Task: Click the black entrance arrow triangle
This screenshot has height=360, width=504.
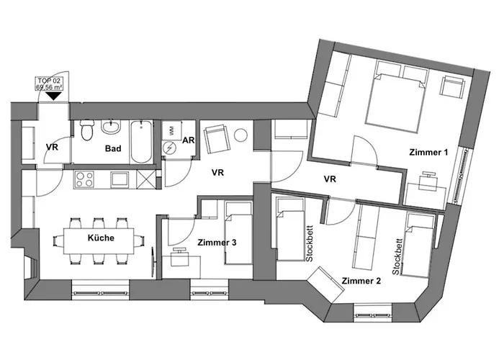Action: (53, 96)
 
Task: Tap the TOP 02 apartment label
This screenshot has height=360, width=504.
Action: (49, 84)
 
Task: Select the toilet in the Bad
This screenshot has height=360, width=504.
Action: (86, 131)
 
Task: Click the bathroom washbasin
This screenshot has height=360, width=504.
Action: (111, 127)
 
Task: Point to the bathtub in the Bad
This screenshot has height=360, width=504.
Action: (141, 142)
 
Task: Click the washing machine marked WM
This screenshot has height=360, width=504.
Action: (171, 130)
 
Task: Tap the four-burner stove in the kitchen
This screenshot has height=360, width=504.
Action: (84, 179)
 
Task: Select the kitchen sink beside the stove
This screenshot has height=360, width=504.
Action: (120, 179)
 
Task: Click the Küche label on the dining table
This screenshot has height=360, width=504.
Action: (101, 238)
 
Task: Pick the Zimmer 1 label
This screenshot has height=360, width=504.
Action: (428, 152)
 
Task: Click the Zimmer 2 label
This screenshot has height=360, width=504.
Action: (361, 281)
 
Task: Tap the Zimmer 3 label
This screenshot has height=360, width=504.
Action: (217, 243)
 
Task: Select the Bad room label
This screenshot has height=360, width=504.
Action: (113, 148)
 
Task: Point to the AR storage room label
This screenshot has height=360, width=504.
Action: (189, 140)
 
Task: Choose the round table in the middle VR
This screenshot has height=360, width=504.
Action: (240, 135)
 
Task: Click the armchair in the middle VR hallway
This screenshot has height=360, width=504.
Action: (217, 140)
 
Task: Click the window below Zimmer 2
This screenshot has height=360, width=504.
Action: (373, 312)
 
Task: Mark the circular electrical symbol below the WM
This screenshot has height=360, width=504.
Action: (169, 148)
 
